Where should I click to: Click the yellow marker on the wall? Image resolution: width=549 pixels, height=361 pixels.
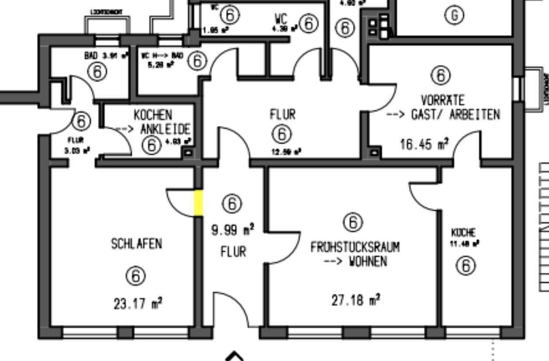tap(198, 203)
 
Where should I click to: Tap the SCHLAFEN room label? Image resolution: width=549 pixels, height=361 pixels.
tap(136, 243)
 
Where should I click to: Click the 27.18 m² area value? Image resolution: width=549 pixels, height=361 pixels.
tap(356, 300)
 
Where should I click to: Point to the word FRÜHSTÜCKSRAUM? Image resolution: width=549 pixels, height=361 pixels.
tap(355, 247)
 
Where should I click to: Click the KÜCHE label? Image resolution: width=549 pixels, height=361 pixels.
tap(463, 233)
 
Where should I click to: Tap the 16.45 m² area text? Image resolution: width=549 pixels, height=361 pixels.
tap(424, 144)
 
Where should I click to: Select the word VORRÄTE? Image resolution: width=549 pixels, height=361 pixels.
tap(442, 100)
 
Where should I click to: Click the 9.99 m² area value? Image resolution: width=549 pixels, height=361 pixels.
tap(233, 229)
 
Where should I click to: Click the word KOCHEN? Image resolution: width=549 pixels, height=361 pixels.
tap(153, 115)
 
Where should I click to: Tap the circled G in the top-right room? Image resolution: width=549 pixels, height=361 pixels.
tap(454, 15)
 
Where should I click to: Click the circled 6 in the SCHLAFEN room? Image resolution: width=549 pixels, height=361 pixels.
tap(136, 276)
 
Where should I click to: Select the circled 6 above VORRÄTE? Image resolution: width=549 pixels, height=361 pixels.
tap(441, 75)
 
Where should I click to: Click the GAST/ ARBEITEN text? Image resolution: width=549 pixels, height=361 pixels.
tap(455, 115)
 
